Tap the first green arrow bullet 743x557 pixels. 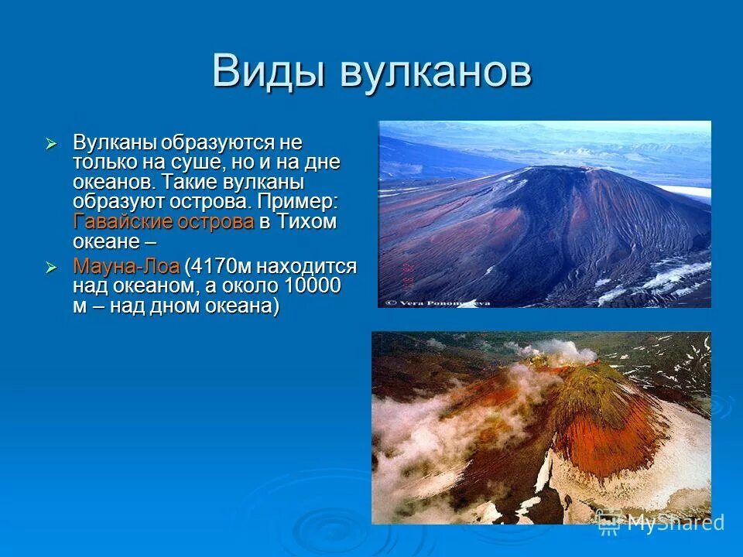(51, 144)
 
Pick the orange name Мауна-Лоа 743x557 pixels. (126, 267)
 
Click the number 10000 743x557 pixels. (313, 286)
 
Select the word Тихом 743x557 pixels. (307, 222)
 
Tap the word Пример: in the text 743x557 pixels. (299, 202)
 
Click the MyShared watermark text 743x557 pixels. (673, 522)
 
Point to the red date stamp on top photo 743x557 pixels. (407, 275)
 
